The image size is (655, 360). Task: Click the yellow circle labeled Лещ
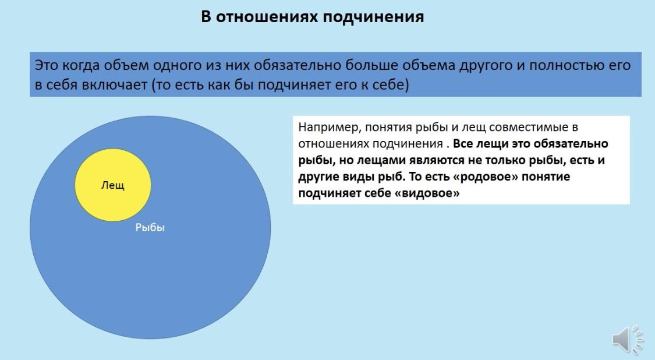[x=113, y=185]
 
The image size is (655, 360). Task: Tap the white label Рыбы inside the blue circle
[x=150, y=227]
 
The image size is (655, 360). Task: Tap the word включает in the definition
[x=115, y=85]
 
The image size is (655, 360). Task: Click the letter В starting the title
[x=206, y=17]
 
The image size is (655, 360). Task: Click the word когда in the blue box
[x=80, y=66]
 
